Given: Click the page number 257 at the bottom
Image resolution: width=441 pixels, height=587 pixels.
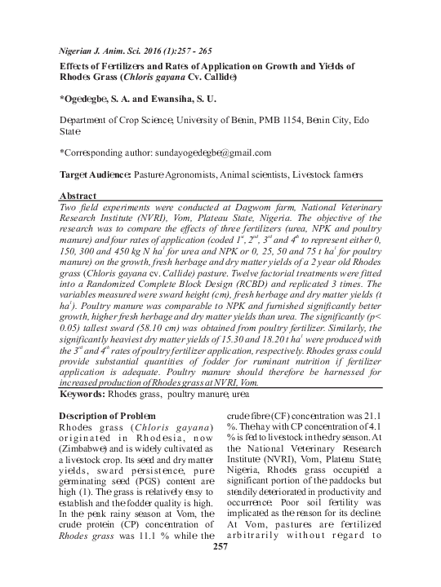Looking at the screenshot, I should tap(219, 567).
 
